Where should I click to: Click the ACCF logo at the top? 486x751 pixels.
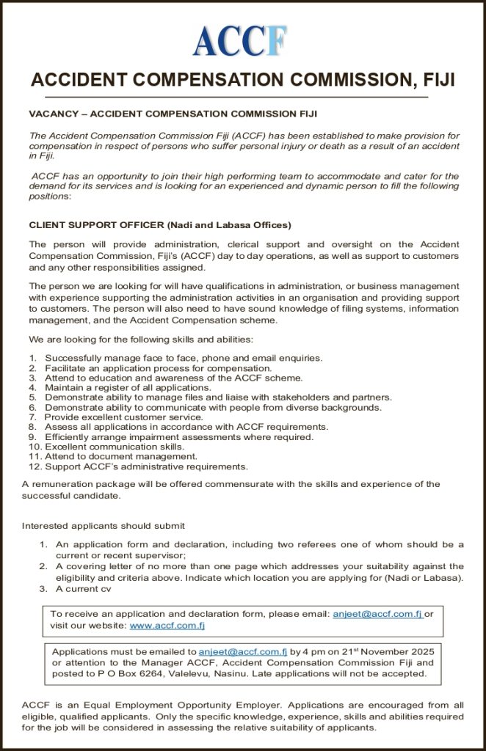point(240,40)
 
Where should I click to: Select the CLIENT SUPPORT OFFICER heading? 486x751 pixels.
point(159,224)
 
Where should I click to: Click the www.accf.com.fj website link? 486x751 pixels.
point(167,626)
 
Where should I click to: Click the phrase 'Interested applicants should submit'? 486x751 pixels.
point(103,525)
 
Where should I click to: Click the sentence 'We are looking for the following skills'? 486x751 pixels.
point(140,340)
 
